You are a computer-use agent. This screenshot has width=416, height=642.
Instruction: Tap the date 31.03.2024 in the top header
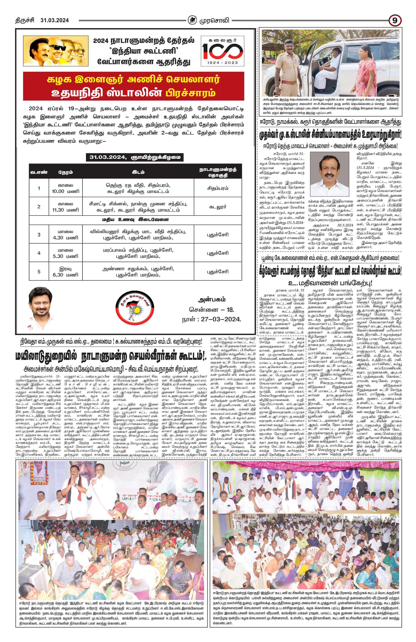[x=54, y=20]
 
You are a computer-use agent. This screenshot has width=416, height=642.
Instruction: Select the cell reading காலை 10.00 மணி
[x=66, y=188]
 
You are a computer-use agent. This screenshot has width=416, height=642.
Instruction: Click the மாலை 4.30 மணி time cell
[x=66, y=234]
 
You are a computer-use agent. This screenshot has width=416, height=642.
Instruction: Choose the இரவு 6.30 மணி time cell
[x=66, y=271]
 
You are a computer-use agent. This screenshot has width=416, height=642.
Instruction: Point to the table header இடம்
[x=138, y=172]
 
